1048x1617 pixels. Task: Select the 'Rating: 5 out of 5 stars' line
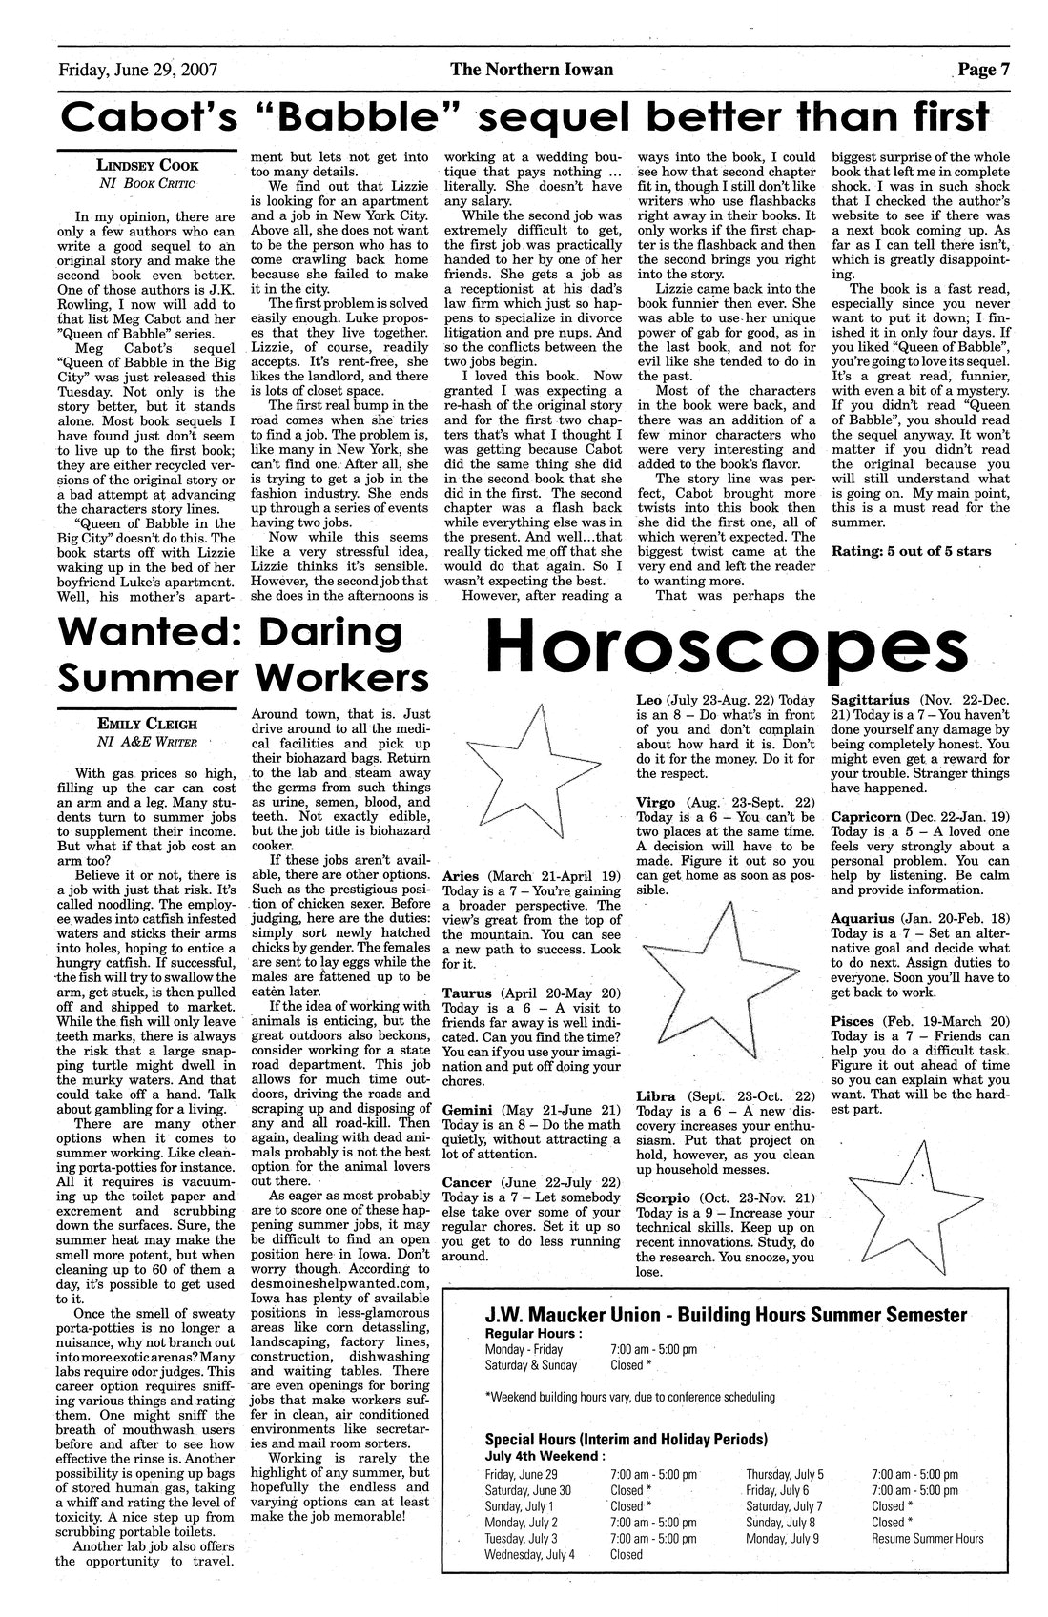911,551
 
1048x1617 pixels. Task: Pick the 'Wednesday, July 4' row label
530,1553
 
